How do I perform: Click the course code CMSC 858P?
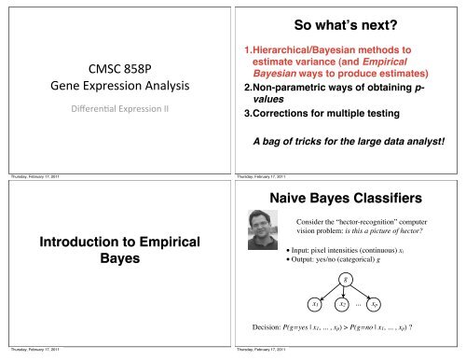tap(116, 69)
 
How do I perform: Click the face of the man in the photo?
tap(270, 230)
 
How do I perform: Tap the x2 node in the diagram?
tap(343, 305)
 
